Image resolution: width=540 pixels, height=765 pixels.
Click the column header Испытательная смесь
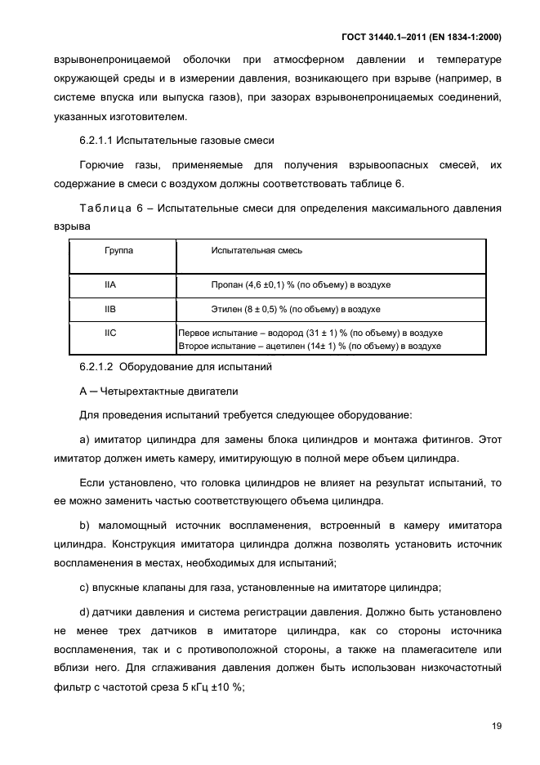[x=257, y=250]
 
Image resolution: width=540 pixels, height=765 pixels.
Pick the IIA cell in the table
[x=111, y=284]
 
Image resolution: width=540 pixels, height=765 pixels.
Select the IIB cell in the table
[x=111, y=310]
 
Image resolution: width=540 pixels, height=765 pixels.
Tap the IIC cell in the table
[x=111, y=333]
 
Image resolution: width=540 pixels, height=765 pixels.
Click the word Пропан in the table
[x=227, y=284]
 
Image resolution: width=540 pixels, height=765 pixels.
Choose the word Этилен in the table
[x=226, y=310]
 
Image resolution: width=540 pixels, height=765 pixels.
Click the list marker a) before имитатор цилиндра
[x=84, y=440]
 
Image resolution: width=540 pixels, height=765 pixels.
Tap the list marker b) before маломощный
[x=84, y=523]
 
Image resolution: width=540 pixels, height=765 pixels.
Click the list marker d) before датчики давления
[x=84, y=611]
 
